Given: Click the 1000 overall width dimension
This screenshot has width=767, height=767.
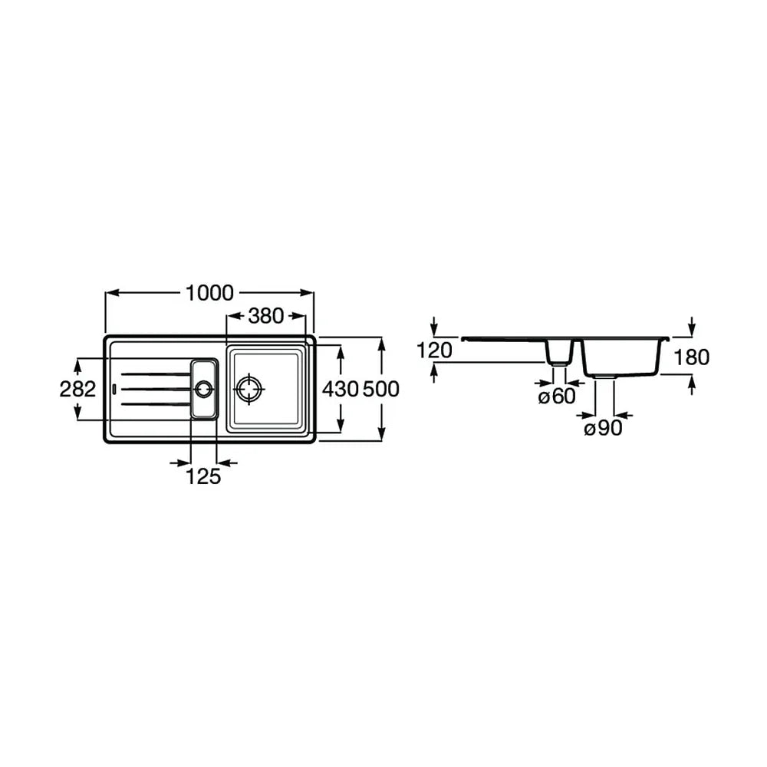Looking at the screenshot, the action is pyautogui.click(x=210, y=293).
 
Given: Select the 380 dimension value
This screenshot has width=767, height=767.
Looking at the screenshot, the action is pyautogui.click(x=266, y=316).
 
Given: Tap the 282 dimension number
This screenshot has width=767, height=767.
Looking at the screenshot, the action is pyautogui.click(x=77, y=389).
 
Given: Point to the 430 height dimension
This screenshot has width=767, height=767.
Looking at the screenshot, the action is pyautogui.click(x=341, y=389).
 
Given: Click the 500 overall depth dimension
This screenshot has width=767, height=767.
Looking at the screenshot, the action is pyautogui.click(x=381, y=389).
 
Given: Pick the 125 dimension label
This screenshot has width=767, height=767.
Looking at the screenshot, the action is pyautogui.click(x=203, y=476).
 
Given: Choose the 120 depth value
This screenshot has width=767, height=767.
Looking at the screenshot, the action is pyautogui.click(x=434, y=351).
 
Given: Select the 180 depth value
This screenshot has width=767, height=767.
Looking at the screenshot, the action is pyautogui.click(x=691, y=357).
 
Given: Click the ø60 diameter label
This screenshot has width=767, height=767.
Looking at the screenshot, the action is pyautogui.click(x=557, y=397).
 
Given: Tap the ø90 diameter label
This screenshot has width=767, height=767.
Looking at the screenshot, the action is pyautogui.click(x=603, y=428).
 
